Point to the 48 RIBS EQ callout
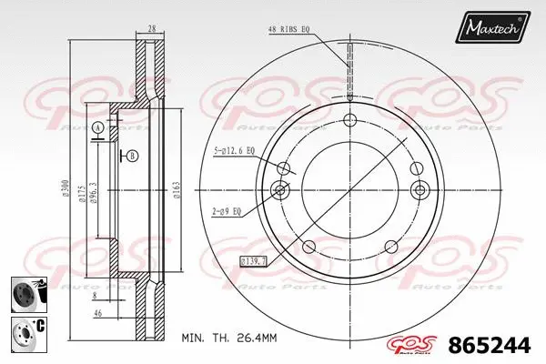(291, 30)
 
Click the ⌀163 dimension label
(176, 189)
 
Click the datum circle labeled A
(96, 127)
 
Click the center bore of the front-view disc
(349, 189)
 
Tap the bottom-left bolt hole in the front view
(308, 246)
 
